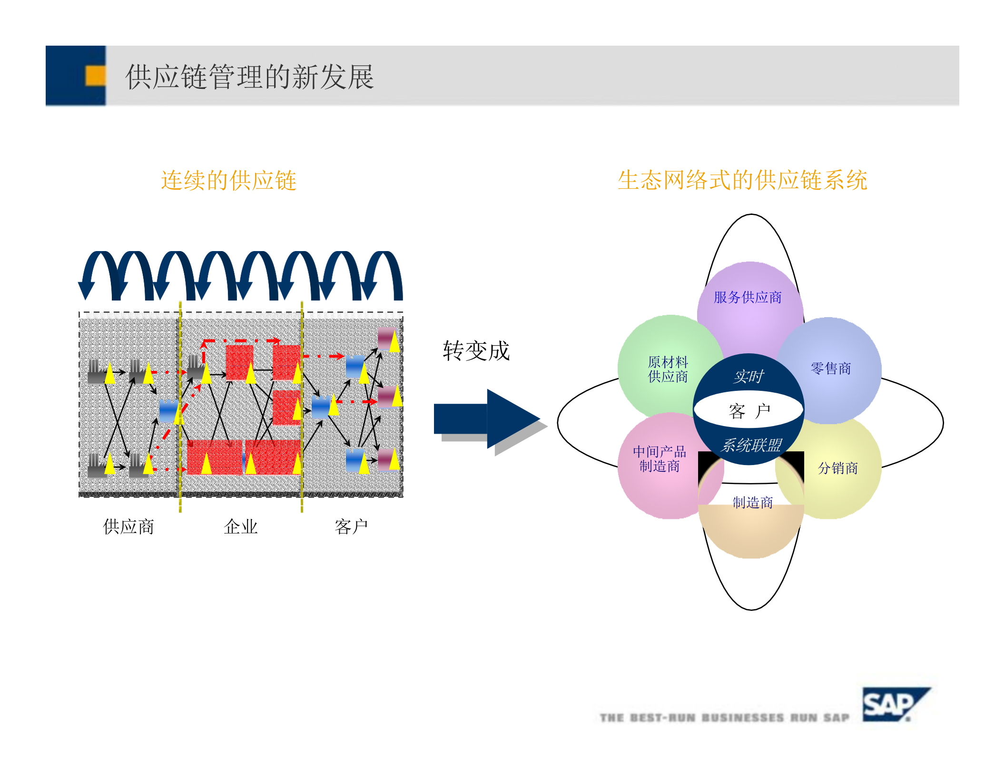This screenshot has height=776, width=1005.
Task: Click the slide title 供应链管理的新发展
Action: (249, 77)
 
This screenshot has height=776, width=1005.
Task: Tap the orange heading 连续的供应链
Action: (228, 181)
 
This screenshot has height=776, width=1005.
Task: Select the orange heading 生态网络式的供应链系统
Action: (742, 180)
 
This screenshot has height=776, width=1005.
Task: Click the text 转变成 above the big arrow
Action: (476, 351)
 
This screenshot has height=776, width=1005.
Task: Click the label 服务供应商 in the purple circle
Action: (748, 298)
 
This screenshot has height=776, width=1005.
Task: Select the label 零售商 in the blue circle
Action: (831, 369)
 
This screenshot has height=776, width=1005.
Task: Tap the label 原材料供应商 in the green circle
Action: (668, 369)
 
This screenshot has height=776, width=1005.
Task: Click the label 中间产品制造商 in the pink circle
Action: (659, 459)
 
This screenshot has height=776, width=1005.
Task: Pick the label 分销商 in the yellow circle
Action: (837, 468)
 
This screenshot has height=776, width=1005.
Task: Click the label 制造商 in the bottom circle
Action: (752, 503)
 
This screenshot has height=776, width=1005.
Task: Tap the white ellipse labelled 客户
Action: (749, 410)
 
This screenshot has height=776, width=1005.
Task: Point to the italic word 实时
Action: (749, 377)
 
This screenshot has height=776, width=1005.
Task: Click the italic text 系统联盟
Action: (751, 446)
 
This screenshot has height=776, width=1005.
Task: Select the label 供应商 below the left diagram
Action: (128, 527)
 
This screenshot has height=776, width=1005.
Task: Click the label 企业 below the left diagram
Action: (241, 527)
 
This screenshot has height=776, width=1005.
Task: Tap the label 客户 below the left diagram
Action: (351, 527)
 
